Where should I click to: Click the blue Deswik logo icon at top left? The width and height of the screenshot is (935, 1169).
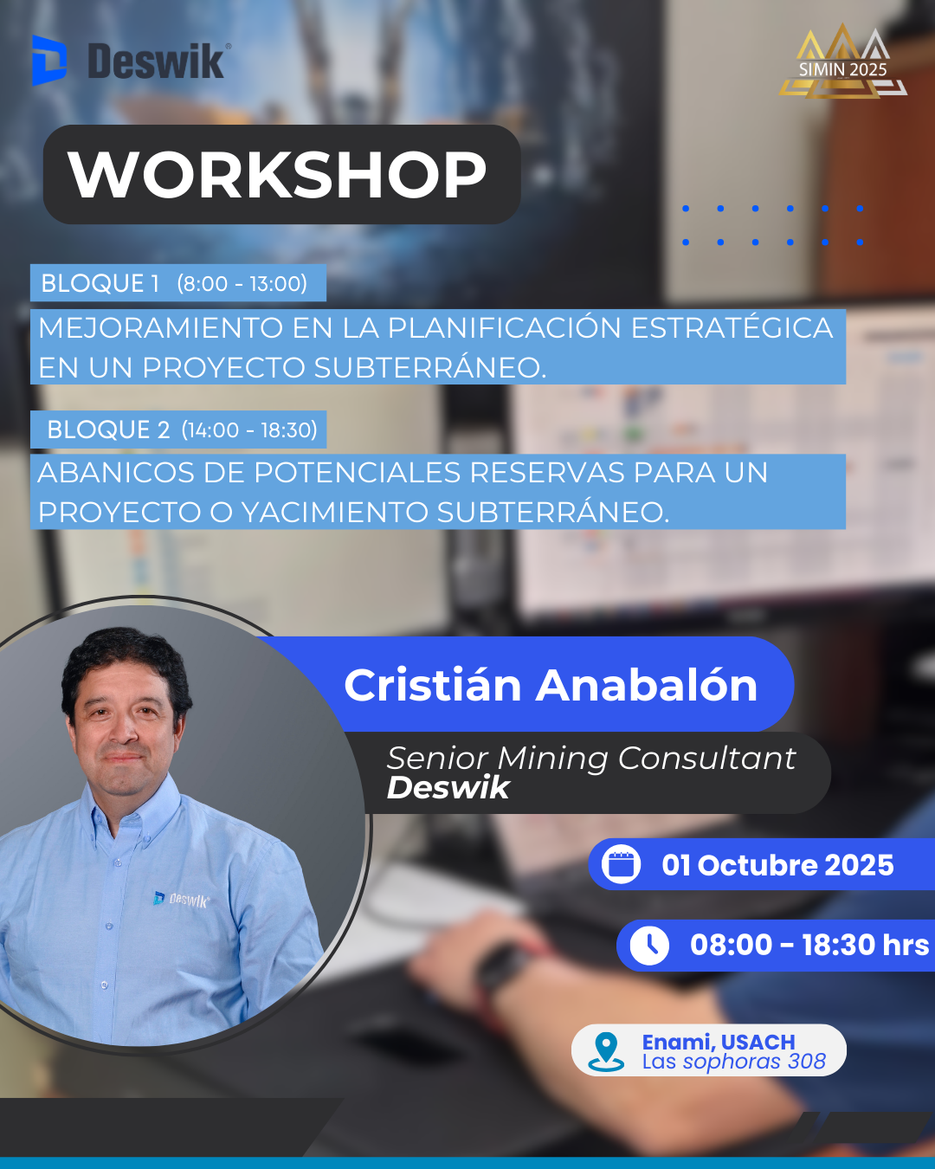49,61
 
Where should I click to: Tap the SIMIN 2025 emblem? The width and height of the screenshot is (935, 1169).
842,61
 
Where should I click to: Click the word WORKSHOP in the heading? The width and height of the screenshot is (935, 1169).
277,175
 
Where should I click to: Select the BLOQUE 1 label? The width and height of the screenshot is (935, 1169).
100,283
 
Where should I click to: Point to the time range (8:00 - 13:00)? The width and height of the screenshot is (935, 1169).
242,283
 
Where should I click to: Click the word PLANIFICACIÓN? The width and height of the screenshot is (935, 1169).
504,327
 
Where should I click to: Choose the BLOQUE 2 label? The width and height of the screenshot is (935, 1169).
108,429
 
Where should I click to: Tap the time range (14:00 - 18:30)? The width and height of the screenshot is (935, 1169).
249,430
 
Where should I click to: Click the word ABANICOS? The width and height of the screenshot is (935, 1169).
116,472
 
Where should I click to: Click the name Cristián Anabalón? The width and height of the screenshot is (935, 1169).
551,685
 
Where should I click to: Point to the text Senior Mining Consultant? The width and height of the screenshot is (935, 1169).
591,758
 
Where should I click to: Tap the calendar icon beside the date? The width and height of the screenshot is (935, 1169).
621,864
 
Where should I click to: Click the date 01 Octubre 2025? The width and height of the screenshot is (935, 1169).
777,865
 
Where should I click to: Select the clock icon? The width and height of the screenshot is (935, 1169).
649,946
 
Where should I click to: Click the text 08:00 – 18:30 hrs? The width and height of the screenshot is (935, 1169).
809,945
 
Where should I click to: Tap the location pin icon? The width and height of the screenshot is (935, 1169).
606,1051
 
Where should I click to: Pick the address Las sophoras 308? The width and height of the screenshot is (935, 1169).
734,1061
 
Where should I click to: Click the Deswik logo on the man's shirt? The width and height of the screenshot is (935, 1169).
181,900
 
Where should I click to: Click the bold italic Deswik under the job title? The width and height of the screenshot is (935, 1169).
448,788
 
